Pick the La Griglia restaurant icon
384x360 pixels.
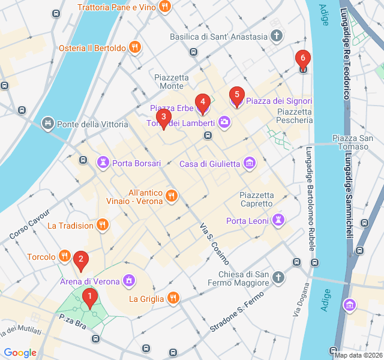pos(173,298)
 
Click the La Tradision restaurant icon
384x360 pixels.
pos(103,226)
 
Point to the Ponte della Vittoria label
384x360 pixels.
pos(92,124)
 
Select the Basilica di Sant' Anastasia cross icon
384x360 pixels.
pos(277,37)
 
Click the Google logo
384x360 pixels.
pos(20,353)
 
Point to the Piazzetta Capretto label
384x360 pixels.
pos(257,199)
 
